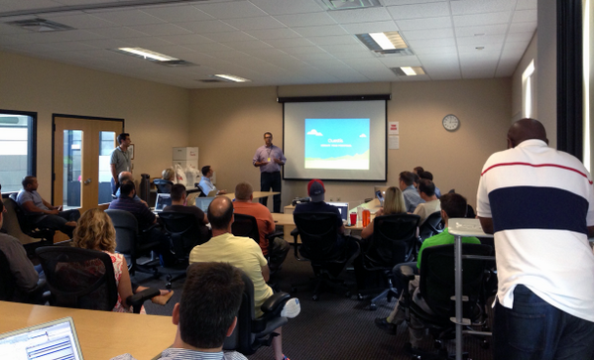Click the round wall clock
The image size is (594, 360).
coord(450,122)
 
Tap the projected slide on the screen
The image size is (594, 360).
coord(334,142)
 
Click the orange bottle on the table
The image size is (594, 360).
coord(366,215)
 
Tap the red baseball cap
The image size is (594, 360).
coord(315,186)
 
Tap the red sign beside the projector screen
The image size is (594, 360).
coord(394,128)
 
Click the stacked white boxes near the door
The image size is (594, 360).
coord(185,163)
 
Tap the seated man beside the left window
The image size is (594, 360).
coord(35,203)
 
